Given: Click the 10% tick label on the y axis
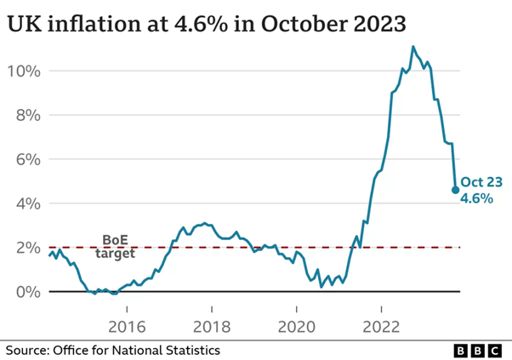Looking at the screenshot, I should click(x=24, y=71).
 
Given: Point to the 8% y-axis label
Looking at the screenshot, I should click(x=27, y=115).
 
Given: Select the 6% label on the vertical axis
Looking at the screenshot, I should click(x=27, y=159).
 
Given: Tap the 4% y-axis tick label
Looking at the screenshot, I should click(x=27, y=203).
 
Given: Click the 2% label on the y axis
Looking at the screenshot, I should click(x=27, y=248).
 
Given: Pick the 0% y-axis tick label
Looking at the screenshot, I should click(x=27, y=292).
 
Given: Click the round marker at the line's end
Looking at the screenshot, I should click(x=455, y=190).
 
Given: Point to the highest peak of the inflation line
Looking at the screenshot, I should click(x=413, y=47).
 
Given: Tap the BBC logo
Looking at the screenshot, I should click(x=475, y=350).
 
